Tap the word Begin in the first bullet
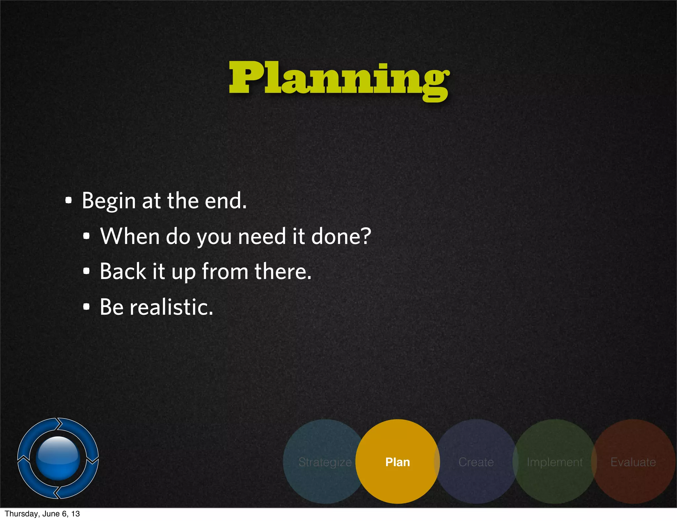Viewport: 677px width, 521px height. pyautogui.click(x=109, y=201)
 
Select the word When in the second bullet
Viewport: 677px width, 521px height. pyautogui.click(x=130, y=236)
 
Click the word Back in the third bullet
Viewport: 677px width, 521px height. pyautogui.click(x=123, y=271)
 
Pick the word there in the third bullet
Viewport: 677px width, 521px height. pyautogui.click(x=283, y=271)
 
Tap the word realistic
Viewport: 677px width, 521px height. pyautogui.click(x=171, y=307)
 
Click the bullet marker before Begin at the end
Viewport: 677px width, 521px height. pyautogui.click(x=68, y=200)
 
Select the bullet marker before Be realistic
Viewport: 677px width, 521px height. pyautogui.click(x=86, y=307)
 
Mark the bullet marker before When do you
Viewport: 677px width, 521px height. pyautogui.click(x=86, y=236)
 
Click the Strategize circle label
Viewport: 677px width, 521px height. pyautogui.click(x=325, y=462)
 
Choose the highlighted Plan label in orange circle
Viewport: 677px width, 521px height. pyautogui.click(x=398, y=462)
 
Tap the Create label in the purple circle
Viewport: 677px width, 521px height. pyautogui.click(x=476, y=462)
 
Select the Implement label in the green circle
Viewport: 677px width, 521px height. pyautogui.click(x=555, y=462)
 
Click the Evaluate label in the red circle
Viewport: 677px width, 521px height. pyautogui.click(x=633, y=462)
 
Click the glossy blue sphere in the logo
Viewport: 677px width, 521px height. pyautogui.click(x=58, y=458)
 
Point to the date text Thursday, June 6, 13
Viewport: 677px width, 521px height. pyautogui.click(x=42, y=514)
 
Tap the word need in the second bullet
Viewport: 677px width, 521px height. pyautogui.click(x=262, y=236)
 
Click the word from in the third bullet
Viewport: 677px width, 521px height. pyautogui.click(x=225, y=271)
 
